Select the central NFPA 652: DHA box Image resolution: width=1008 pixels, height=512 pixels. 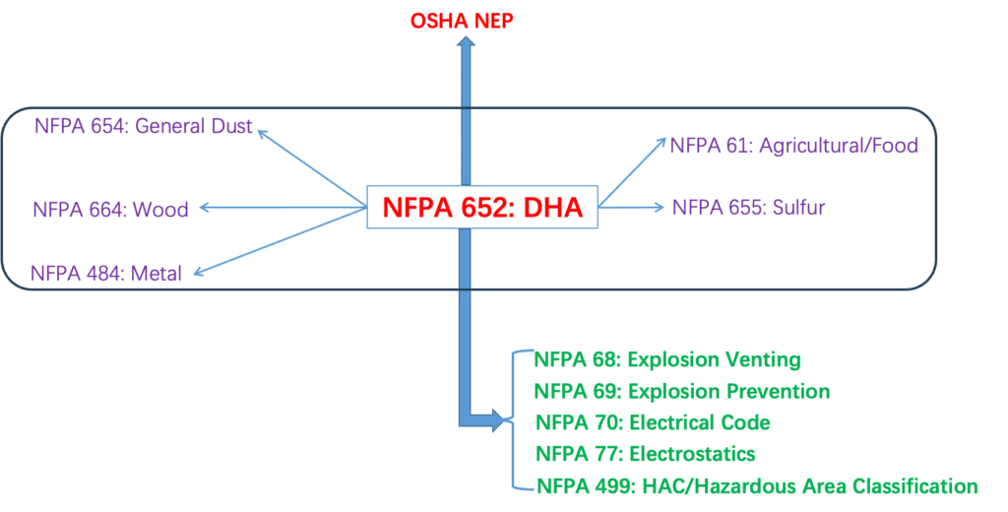pos(481,207)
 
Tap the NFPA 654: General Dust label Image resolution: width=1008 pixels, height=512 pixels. pos(144,125)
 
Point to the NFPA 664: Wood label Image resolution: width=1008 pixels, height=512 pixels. pos(110,209)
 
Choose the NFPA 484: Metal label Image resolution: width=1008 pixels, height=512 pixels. pos(106,274)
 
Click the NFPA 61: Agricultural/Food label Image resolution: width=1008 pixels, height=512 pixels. pos(793,146)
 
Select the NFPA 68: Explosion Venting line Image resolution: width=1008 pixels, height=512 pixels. pos(666,359)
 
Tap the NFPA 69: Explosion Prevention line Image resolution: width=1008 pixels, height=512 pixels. pos(681,391)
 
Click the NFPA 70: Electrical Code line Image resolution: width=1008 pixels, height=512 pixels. pos(652,422)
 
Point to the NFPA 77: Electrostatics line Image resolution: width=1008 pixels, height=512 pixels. pos(645,454)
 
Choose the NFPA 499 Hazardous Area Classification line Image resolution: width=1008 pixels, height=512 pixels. pos(756,485)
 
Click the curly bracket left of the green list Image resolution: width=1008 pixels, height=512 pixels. pos(514,421)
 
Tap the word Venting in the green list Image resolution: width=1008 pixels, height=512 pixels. pos(762,359)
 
